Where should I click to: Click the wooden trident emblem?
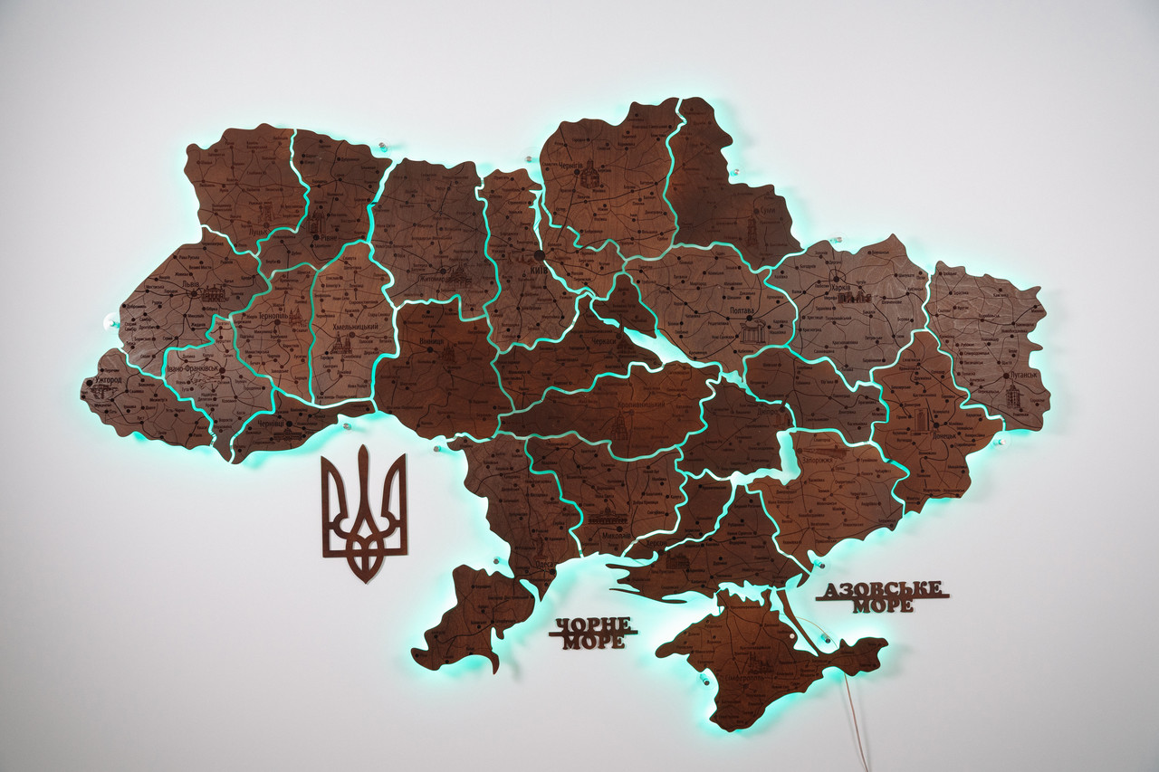pos(364,511)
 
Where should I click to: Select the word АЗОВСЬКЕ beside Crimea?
pos(883,589)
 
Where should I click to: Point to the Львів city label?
pos(191,283)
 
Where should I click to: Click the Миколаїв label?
pos(608,534)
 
